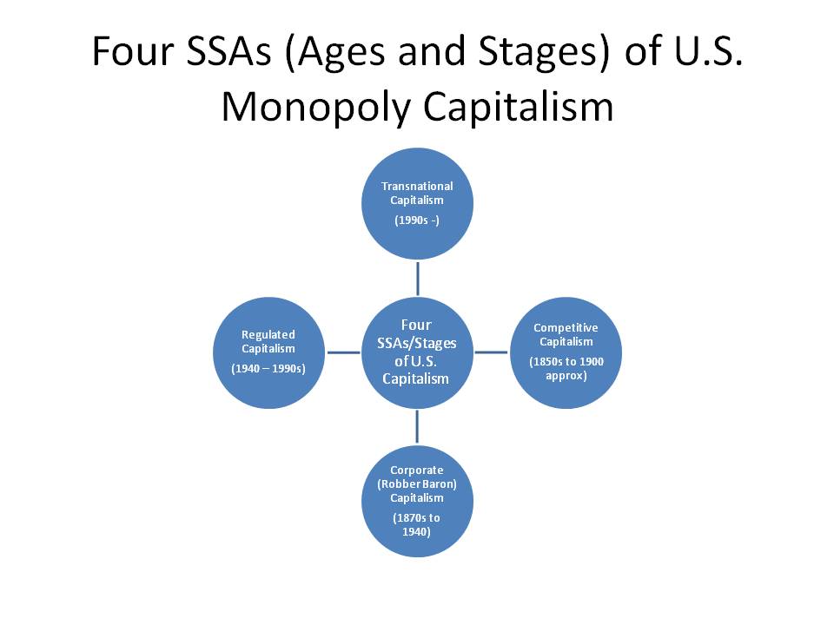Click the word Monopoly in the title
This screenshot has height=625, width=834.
click(316, 108)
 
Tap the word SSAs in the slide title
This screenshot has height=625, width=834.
click(228, 51)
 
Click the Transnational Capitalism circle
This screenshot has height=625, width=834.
click(417, 203)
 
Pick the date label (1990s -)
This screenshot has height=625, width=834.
click(417, 220)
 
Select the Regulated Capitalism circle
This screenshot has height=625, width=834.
click(268, 352)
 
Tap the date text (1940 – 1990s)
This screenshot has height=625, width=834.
click(268, 368)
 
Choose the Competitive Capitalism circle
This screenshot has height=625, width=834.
click(566, 352)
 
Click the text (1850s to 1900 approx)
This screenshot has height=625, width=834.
click(566, 368)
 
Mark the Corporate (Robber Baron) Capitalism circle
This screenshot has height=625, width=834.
click(417, 501)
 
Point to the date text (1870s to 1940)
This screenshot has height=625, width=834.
click(416, 524)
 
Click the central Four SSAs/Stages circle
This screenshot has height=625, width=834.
click(417, 352)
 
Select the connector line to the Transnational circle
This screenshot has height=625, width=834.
click(418, 279)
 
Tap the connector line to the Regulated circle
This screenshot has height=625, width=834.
click(344, 352)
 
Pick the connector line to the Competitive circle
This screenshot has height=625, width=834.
click(491, 352)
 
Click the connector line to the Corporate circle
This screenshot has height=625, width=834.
click(417, 427)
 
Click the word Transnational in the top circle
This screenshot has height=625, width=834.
click(417, 186)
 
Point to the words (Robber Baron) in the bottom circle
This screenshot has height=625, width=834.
click(417, 484)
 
